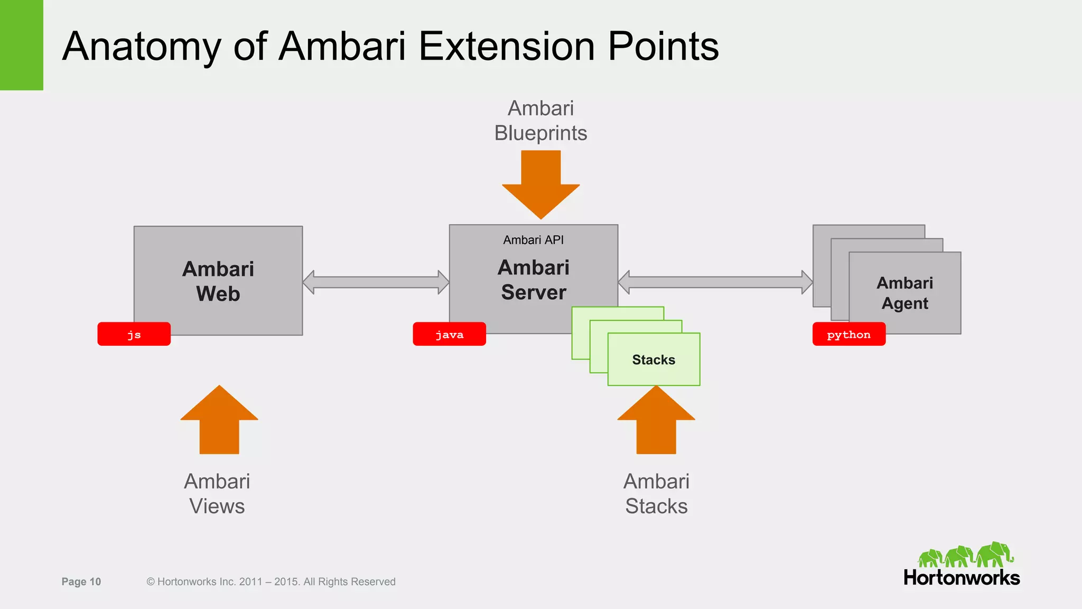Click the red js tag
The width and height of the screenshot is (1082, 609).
(x=134, y=334)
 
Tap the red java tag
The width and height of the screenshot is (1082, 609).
(x=449, y=334)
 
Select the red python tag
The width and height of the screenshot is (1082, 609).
(x=848, y=334)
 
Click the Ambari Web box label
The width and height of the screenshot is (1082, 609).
(x=218, y=281)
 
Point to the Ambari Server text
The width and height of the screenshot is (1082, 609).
(x=533, y=280)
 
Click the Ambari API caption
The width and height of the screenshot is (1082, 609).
(x=533, y=240)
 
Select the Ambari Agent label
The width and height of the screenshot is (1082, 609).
(x=904, y=293)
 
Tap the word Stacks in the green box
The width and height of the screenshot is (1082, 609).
(x=654, y=360)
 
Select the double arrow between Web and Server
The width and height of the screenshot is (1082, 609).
(x=376, y=282)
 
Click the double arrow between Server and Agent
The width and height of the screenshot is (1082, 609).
(x=715, y=282)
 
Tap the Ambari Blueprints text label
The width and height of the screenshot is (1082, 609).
(x=540, y=121)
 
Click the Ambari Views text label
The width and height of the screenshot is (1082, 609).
(x=217, y=494)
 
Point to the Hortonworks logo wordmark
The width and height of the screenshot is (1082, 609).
(x=962, y=577)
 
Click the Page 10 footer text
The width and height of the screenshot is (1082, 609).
(x=81, y=582)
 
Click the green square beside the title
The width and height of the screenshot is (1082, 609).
(x=21, y=45)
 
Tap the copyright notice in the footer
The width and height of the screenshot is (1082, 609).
(x=270, y=582)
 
